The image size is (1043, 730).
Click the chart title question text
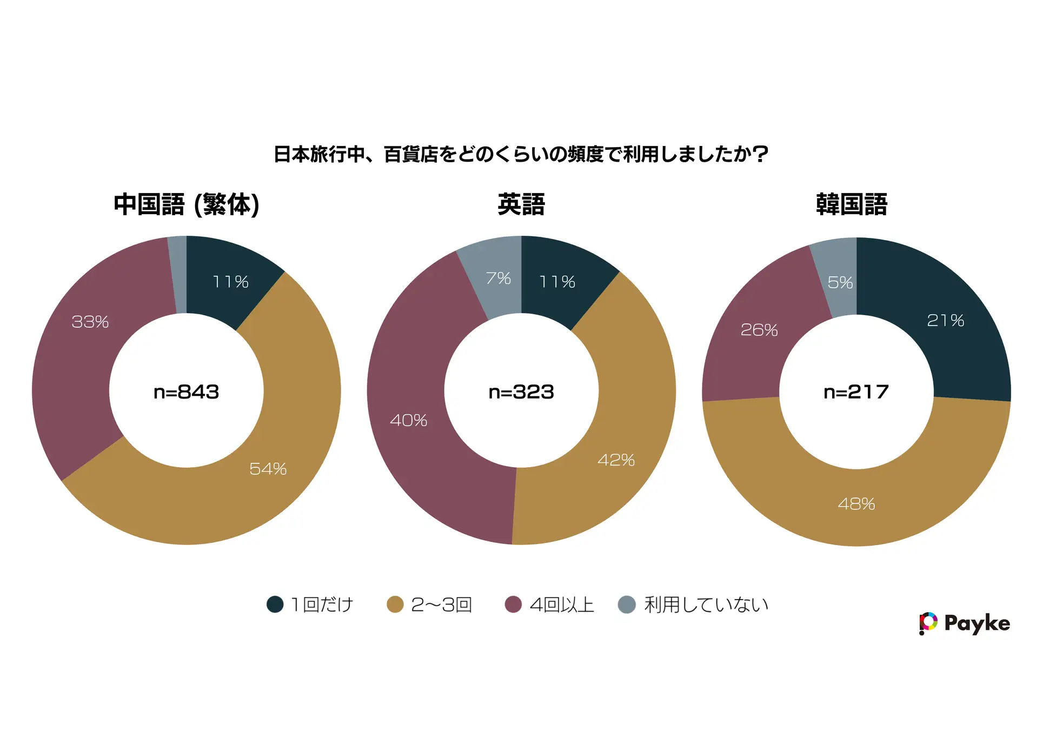point(521,155)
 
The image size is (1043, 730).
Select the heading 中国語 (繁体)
point(187,205)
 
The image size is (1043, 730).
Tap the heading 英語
point(521,205)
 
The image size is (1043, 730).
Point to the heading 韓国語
point(852,205)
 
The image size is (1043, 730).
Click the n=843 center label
point(187,392)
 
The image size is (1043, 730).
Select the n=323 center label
point(521,392)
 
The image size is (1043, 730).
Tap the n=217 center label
point(856,392)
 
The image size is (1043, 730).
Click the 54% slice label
point(268,469)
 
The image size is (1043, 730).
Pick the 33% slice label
point(90,322)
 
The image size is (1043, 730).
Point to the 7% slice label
point(498,278)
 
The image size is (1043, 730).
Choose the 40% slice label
point(409,421)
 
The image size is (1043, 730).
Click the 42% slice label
point(616,460)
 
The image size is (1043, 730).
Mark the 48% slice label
point(856,504)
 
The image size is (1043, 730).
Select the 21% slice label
point(946,321)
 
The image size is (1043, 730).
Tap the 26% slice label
point(759,330)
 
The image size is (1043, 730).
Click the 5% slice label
point(840,282)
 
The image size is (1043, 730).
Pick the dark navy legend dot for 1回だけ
point(275,605)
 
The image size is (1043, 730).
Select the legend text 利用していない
point(706,605)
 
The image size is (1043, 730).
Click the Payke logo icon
point(928,623)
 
